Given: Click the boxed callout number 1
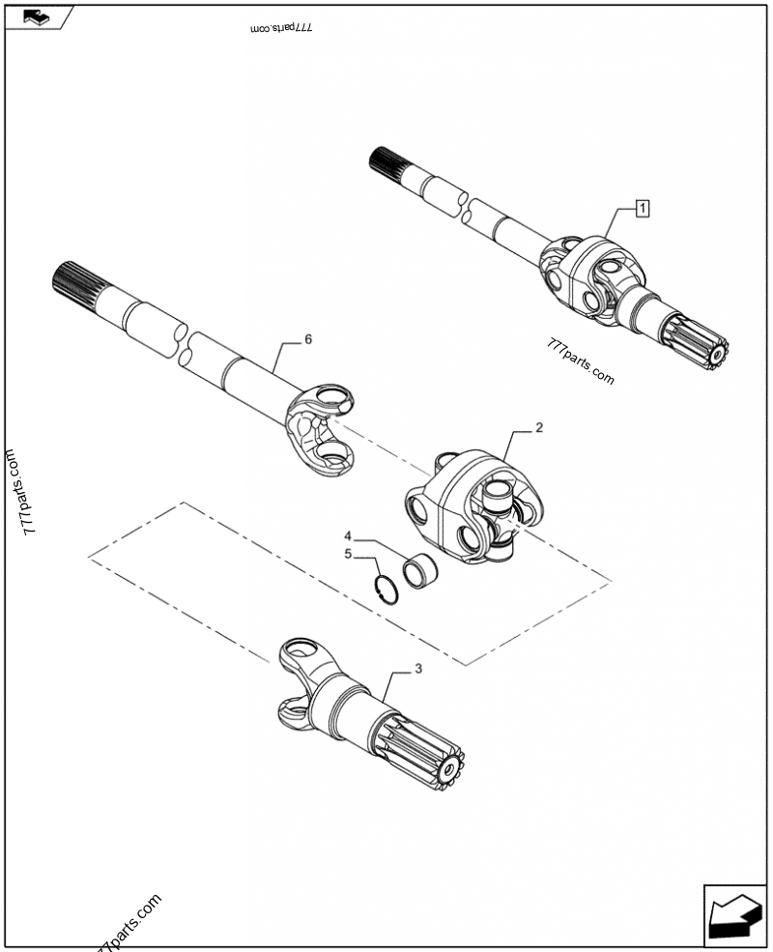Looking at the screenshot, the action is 642,208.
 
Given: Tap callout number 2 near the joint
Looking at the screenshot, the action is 539,428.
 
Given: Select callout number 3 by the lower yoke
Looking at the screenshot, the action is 418,669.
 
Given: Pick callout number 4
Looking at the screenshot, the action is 348,536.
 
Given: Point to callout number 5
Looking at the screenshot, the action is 348,554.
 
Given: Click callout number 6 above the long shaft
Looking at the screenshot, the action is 308,339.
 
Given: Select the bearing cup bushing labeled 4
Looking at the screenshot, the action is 421,570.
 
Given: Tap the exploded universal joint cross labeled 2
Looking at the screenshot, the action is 473,505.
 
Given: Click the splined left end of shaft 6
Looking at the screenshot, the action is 79,281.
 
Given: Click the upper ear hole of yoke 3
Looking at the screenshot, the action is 300,649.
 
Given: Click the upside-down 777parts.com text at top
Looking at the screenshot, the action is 281,28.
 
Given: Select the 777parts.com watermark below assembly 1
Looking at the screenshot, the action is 580,361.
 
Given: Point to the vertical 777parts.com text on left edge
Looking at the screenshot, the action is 20,492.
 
